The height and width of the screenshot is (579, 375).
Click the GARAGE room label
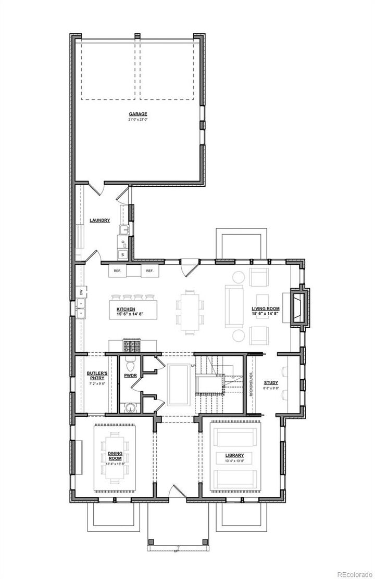tap(138, 114)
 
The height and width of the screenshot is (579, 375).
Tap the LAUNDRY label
tap(99, 220)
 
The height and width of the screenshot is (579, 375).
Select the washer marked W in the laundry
tap(123, 254)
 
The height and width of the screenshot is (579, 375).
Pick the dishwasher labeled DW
tap(81, 292)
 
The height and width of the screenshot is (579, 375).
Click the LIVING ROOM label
tap(266, 308)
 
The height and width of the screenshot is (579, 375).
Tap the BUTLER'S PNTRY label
tap(97, 376)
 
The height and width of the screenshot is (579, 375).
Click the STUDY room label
tap(271, 382)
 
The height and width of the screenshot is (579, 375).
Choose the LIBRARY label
tap(234, 455)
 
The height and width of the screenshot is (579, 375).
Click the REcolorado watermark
tap(355, 574)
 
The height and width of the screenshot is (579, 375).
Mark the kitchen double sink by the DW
tap(81, 313)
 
